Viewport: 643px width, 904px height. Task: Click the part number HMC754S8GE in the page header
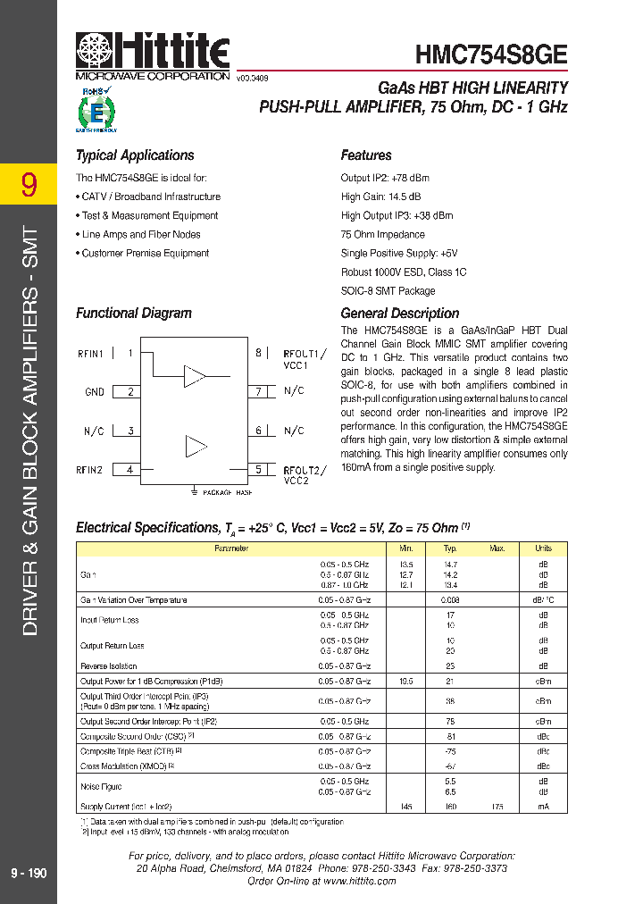pos(491,54)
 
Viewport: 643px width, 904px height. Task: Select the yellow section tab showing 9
pos(29,184)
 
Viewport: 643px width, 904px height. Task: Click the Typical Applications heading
pos(135,155)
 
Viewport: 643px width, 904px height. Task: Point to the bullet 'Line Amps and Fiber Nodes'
pos(140,234)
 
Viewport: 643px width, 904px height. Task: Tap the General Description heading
pos(400,314)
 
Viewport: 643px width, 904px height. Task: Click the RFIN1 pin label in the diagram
pos(90,354)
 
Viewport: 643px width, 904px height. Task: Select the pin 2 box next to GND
pos(130,391)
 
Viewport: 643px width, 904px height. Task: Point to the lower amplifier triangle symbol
pos(195,446)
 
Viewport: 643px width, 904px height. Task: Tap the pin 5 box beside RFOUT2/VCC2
pos(259,469)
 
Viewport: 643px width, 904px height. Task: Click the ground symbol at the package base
pos(194,490)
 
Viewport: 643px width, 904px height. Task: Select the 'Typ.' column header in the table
pos(450,548)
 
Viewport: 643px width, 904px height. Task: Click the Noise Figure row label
pos(100,787)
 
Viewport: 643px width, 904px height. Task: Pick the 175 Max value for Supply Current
pos(497,807)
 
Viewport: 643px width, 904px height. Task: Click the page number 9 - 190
pos(29,874)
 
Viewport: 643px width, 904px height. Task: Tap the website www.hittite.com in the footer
pos(360,881)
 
